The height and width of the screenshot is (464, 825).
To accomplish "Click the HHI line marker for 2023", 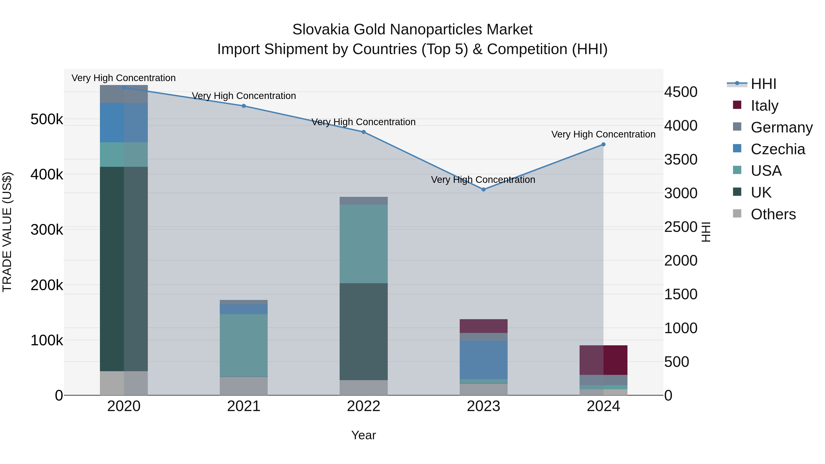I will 483,189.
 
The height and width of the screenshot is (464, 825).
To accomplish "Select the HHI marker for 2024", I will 603,144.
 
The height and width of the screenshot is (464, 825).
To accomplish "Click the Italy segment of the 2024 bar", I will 603,360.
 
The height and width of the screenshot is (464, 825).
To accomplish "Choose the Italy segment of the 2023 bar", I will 483,326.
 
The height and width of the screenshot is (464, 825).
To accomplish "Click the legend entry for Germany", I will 781,127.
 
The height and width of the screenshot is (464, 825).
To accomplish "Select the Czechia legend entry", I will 778,149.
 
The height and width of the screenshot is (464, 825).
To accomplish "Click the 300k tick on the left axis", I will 47,230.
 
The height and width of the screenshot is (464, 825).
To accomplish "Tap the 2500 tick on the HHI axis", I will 681,227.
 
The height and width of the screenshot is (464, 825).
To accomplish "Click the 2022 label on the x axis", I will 363,406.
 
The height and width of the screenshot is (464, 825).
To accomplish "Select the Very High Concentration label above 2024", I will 603,134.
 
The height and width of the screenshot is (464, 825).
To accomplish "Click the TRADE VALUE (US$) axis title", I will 7,232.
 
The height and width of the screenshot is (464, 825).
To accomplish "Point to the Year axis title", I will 363,435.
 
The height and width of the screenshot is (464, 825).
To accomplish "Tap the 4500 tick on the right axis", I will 681,92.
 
